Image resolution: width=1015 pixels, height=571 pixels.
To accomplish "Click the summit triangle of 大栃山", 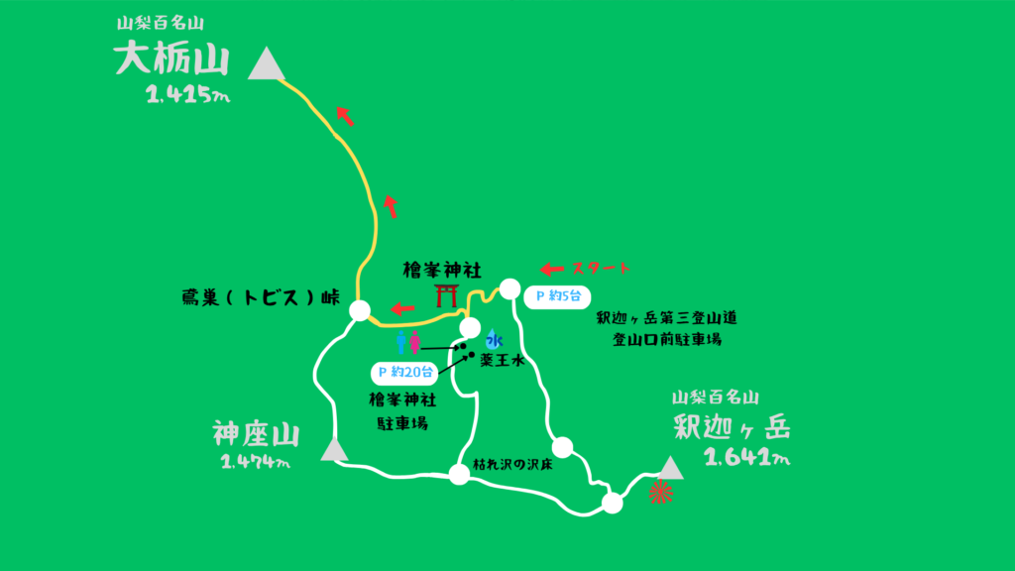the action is tap(266, 65).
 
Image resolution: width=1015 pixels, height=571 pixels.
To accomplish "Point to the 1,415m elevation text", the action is tap(187, 95).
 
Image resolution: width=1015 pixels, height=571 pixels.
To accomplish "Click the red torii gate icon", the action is tap(447, 294).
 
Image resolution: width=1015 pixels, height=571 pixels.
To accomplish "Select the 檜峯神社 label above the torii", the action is tap(441, 269).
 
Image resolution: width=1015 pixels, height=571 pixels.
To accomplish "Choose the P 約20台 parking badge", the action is tap(404, 373).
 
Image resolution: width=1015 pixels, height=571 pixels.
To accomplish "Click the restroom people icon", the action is tap(407, 342).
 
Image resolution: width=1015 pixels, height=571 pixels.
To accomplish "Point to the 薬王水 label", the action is tap(501, 362).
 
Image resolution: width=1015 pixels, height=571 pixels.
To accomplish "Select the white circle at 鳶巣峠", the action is tap(360, 310).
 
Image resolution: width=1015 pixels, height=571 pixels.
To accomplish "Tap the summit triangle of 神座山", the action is tap(335, 452).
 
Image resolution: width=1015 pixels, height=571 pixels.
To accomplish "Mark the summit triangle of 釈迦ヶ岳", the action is tap(671, 467).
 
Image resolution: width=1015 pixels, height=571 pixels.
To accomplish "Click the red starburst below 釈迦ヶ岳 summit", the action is tap(661, 492).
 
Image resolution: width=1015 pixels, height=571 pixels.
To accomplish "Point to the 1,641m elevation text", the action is tap(745, 457).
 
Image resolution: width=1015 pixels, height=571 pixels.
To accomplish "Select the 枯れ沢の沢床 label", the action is tap(512, 464).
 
